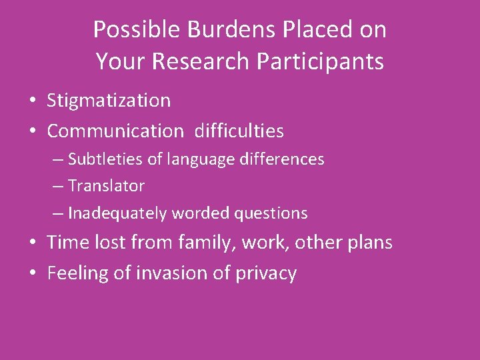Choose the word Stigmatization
pyautogui.click(x=109, y=101)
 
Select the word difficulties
pyautogui.click(x=239, y=131)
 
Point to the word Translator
pyautogui.click(x=106, y=186)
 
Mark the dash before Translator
pyautogui.click(x=59, y=187)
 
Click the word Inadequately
pyautogui.click(x=118, y=213)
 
